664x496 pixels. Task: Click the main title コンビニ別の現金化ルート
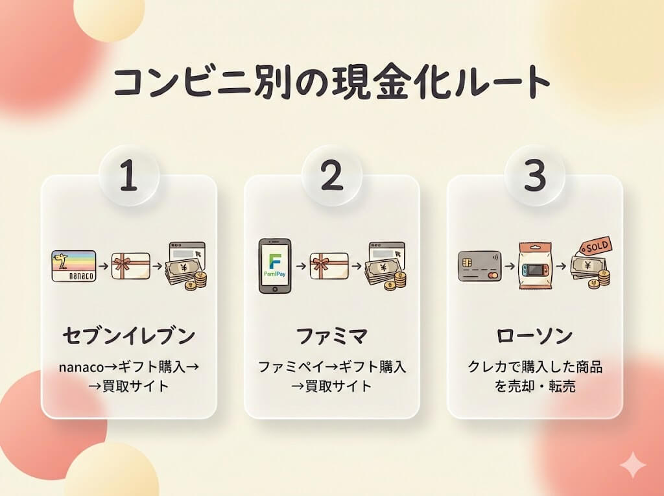coord(331,82)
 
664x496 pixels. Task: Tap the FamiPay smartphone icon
coord(274,266)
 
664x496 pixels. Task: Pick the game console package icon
coord(535,266)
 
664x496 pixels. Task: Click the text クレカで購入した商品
coord(535,367)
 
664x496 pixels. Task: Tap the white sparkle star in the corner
coord(632,465)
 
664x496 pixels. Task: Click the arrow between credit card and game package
coord(508,266)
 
